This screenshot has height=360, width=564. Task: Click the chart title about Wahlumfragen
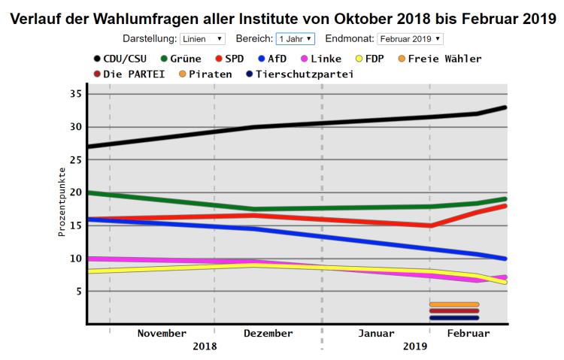point(282,17)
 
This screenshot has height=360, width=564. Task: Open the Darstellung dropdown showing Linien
point(202,38)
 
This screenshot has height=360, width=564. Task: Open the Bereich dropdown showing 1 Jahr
point(295,38)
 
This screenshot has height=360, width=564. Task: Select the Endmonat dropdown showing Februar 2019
point(411,38)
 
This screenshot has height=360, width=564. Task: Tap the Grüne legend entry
point(177,59)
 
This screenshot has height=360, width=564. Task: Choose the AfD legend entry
point(271,59)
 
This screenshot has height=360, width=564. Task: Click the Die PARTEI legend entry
point(129,74)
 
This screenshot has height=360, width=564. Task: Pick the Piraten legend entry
point(204,74)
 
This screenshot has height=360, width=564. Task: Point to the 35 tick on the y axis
point(75,93)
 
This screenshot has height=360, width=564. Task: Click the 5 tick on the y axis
point(78,292)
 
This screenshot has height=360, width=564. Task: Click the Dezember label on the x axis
point(268,333)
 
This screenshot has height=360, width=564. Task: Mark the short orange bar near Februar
point(454,304)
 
